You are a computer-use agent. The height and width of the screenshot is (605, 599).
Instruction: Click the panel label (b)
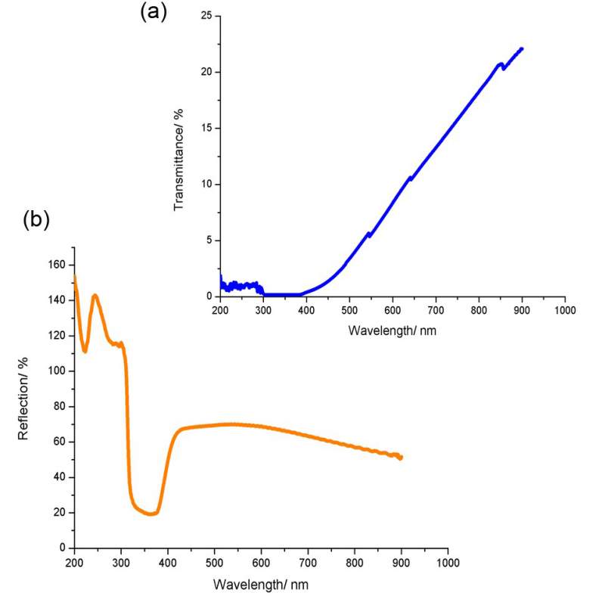(x=36, y=219)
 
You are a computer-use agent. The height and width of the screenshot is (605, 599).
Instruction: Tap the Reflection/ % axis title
(x=23, y=398)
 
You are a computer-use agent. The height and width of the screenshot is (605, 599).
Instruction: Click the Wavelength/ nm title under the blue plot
(x=392, y=330)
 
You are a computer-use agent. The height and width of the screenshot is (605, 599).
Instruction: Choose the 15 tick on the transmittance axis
(x=205, y=128)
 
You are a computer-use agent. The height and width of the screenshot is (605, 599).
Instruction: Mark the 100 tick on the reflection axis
(x=55, y=371)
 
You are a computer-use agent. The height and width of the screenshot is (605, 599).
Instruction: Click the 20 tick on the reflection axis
(x=59, y=512)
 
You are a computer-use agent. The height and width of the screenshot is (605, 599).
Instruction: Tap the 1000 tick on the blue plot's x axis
(x=565, y=310)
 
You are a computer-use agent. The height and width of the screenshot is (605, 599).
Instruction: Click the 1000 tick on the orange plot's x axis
(x=448, y=563)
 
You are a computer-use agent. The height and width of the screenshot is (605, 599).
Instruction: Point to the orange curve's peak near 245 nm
(x=95, y=296)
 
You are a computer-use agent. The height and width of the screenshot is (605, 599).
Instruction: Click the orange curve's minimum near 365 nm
(x=151, y=513)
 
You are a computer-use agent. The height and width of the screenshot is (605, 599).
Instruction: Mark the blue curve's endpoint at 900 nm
(x=522, y=48)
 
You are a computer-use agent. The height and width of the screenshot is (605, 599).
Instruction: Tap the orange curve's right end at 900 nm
(x=401, y=458)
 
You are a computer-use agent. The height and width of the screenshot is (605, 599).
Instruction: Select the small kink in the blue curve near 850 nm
(x=501, y=66)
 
